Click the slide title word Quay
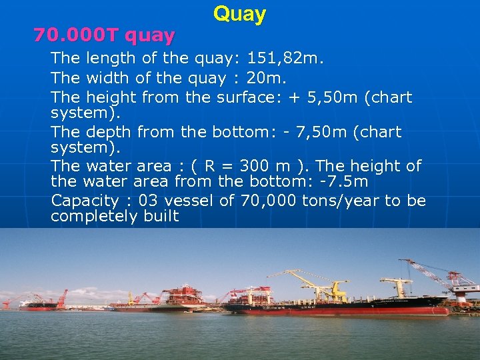coord(239,14)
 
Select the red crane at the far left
coord(62,297)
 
